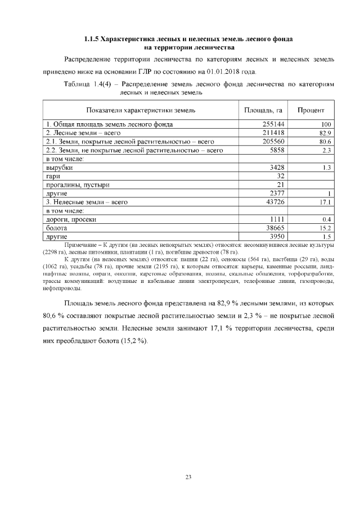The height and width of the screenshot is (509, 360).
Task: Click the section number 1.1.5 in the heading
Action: click(x=91, y=39)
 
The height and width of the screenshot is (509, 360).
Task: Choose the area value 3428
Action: click(x=277, y=168)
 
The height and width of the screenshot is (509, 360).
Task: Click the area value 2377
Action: click(x=277, y=193)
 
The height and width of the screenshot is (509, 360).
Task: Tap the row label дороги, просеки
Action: click(x=71, y=219)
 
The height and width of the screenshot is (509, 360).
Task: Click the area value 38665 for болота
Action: click(x=275, y=228)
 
